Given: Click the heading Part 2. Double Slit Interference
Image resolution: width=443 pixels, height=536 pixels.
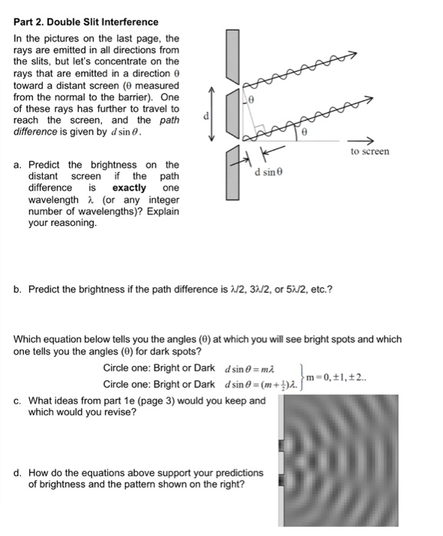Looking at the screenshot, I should tap(86, 22).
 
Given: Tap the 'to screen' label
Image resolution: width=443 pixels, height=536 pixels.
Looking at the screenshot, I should tap(370, 152).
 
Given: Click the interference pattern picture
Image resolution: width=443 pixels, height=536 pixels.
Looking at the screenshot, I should tap(353, 460).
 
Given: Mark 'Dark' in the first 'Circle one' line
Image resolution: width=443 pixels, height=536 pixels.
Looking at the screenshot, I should tap(204, 368).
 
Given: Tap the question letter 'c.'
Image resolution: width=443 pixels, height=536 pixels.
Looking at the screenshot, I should tap(18, 400).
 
